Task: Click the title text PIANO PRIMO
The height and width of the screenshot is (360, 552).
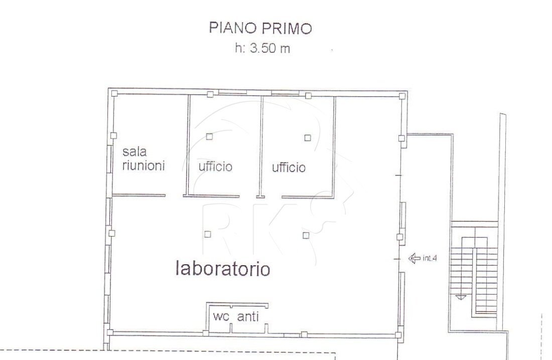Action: point(260,29)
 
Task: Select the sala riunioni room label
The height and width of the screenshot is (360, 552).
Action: point(144,158)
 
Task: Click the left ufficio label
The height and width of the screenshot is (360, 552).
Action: point(215,166)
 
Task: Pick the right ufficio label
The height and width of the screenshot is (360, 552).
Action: point(289,167)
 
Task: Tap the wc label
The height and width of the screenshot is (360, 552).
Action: point(221,316)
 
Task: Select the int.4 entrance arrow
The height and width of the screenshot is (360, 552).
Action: point(414,259)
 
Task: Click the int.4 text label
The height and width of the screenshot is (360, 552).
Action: point(430,259)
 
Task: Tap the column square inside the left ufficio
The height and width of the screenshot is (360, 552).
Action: point(209,136)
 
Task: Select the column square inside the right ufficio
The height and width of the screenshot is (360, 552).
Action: point(308,137)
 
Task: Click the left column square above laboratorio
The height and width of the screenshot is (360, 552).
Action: point(207,234)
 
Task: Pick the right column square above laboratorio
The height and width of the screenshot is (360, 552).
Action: point(305,235)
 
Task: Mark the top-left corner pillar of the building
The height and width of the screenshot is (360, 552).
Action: point(114,93)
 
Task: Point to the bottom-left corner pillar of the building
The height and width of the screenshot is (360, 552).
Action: point(110,332)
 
